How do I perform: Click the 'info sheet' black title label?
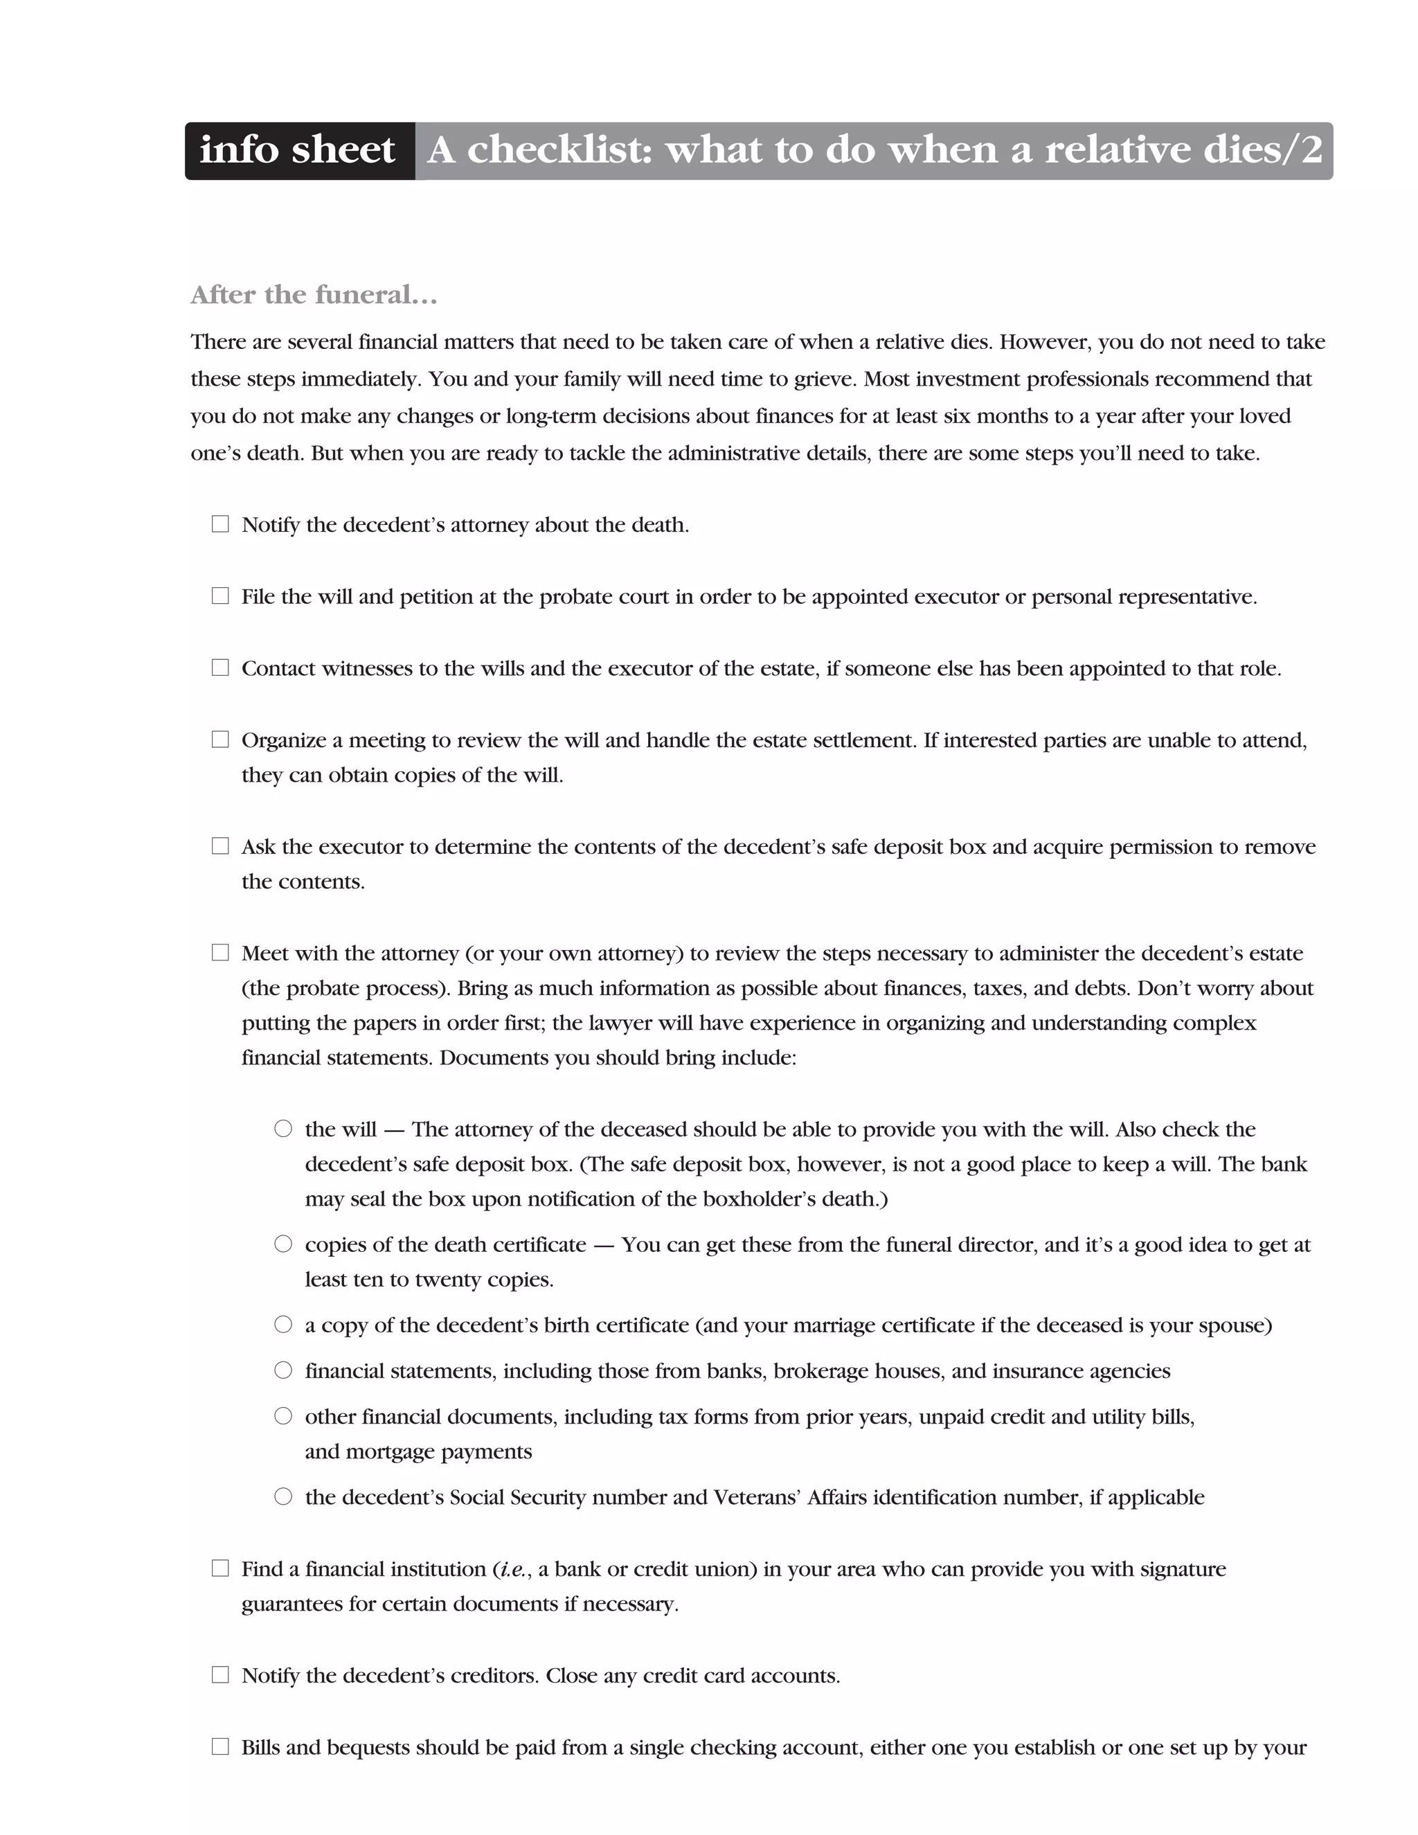click(297, 151)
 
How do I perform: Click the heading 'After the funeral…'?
click(314, 295)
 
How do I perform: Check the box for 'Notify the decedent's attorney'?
click(220, 524)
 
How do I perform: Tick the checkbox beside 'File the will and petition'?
click(220, 596)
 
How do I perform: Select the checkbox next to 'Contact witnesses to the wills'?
click(220, 668)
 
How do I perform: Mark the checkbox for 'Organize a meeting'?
click(220, 740)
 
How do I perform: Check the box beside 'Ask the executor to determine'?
click(220, 846)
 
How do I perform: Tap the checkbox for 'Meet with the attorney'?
click(220, 953)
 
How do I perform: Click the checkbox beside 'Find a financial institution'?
click(220, 1568)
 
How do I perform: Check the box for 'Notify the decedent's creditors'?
click(220, 1675)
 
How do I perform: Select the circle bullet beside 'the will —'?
click(283, 1129)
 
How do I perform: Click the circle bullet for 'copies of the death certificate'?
click(283, 1244)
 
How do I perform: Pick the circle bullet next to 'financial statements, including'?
click(283, 1370)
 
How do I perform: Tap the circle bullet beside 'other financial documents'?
click(283, 1416)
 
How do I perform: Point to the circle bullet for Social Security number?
click(283, 1496)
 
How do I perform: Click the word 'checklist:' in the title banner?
click(559, 151)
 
